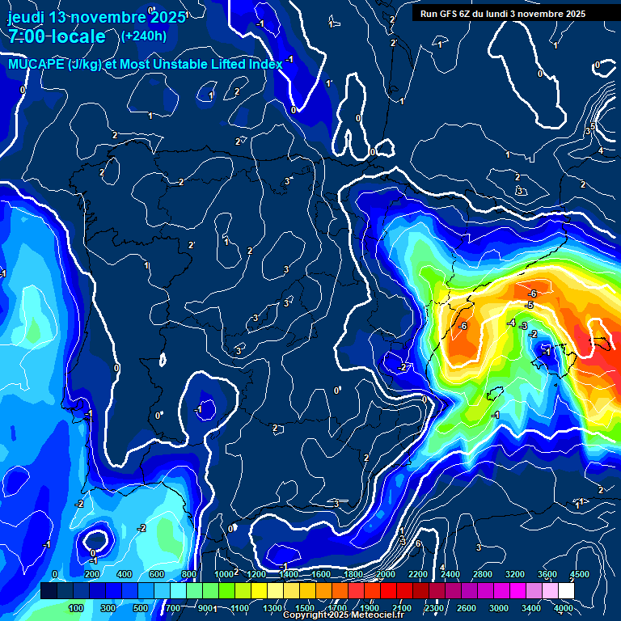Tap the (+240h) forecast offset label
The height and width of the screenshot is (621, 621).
[144, 36]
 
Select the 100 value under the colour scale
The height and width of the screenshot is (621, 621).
[76, 608]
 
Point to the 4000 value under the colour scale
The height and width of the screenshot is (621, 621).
[564, 608]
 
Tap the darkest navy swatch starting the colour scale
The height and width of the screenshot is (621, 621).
[49, 591]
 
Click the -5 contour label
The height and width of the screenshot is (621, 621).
[529, 305]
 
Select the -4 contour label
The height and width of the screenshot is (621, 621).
[510, 323]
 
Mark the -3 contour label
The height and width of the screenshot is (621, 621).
[524, 326]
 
